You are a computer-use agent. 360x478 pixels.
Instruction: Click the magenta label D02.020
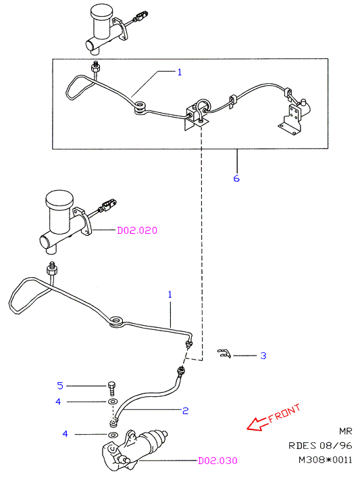[x=137, y=231]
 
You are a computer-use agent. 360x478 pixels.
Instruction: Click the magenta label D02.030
[x=217, y=460]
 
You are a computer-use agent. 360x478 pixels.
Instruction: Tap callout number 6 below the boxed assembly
[x=236, y=178]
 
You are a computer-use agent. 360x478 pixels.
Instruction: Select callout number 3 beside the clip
[x=263, y=356]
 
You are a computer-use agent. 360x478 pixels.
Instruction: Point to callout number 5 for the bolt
[x=60, y=385]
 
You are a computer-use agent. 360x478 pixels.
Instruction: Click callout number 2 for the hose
[x=186, y=410]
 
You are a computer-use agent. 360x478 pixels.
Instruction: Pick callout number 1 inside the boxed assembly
[x=180, y=72]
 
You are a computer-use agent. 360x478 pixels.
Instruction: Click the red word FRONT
[x=284, y=413]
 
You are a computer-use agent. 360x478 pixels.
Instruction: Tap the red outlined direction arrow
[x=258, y=424]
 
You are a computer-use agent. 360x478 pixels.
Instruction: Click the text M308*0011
[x=325, y=459]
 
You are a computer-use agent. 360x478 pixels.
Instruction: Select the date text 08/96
[x=336, y=446]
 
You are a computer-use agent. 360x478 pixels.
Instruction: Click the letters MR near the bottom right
[x=346, y=431]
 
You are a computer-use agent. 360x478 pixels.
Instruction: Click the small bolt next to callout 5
[x=111, y=388]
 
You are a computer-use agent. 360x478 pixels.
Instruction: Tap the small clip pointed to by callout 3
[x=224, y=354]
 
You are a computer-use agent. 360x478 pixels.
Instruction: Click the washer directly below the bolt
[x=113, y=401]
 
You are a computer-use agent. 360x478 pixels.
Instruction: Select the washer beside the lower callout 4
[x=113, y=434]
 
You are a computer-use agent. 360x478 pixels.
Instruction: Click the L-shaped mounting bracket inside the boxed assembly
[x=291, y=121]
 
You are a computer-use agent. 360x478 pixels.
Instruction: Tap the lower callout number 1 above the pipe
[x=170, y=295]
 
